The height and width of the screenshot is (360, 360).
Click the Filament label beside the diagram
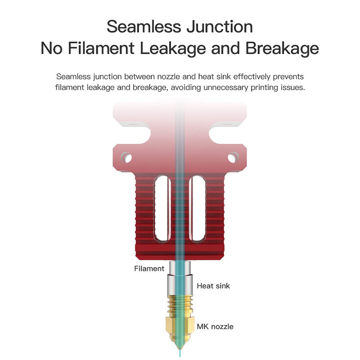coord(149,269)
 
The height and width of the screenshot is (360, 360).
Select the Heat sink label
coord(213,286)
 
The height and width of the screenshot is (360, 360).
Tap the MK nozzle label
coord(215,327)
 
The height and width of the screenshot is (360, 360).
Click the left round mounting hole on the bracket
coord(128,158)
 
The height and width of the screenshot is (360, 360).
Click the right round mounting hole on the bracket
coord(232,158)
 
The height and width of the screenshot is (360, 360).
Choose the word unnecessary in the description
coord(231,87)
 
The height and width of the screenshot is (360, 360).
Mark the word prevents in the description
coord(289,77)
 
